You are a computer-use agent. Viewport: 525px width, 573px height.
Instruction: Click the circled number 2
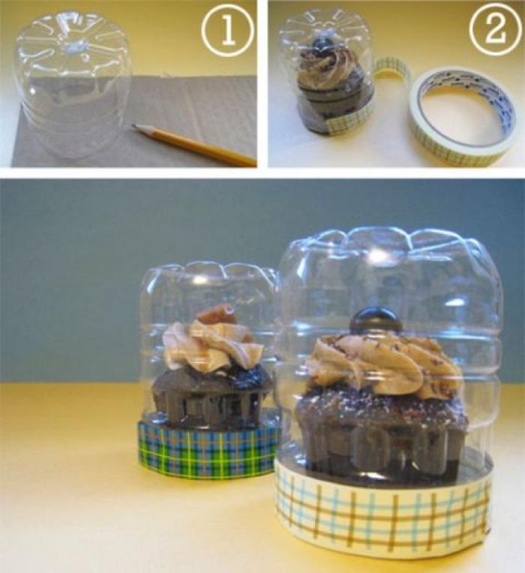(x=496, y=28)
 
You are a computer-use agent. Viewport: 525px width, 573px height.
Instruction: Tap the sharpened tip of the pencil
(x=133, y=126)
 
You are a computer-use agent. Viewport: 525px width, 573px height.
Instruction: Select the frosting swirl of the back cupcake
(x=214, y=347)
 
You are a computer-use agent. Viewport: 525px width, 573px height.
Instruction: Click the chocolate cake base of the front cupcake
(x=380, y=431)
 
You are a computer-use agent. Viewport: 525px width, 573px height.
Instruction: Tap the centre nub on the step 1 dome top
(x=73, y=48)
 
